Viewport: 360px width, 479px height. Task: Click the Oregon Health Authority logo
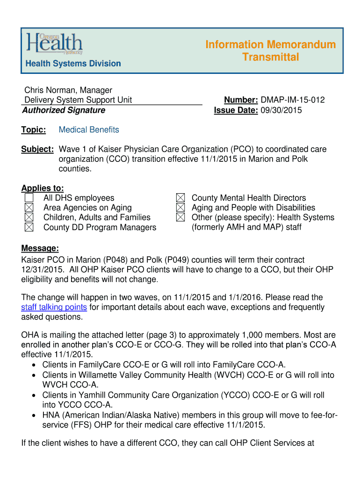coord(55,45)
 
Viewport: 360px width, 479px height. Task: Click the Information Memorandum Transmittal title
coord(271,51)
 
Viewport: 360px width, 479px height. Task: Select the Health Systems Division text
coord(73,64)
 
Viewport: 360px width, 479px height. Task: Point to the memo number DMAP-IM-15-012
coord(293,100)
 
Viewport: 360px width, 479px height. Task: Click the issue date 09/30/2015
coord(281,110)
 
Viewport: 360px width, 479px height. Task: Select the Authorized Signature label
coord(64,110)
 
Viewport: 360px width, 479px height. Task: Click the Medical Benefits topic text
coord(89,130)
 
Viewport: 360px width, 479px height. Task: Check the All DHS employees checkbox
coord(29,198)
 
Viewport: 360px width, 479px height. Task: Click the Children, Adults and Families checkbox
coord(29,218)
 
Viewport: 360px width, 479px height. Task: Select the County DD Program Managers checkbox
coord(29,227)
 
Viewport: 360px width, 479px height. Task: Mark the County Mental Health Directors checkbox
coord(180,198)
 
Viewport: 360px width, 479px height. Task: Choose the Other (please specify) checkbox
coord(180,218)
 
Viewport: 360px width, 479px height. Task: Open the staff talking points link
coord(54,307)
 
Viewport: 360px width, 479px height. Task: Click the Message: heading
coord(40,248)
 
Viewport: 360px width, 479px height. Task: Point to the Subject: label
coord(37,149)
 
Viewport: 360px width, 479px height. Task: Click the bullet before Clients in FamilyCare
coord(35,365)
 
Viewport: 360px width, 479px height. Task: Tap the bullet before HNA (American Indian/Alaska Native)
coord(35,415)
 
